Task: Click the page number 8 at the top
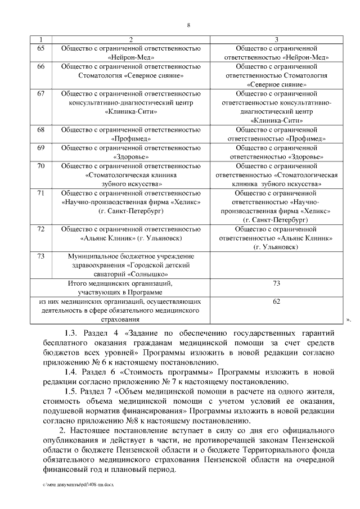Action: [188, 25]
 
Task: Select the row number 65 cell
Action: [40, 49]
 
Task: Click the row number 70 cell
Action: [40, 166]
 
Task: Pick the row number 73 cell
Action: [40, 256]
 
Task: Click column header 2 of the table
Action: [130, 39]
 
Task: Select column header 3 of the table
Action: [276, 39]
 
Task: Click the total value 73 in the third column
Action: [276, 283]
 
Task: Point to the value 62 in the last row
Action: [276, 302]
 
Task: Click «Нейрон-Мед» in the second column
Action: [130, 57]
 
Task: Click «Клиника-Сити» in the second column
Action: [130, 111]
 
